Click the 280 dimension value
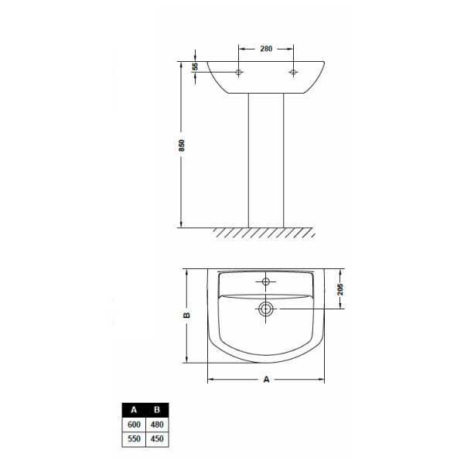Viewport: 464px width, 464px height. tap(266, 49)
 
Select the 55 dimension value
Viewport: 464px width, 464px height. tap(195, 67)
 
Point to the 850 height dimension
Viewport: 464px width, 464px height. tap(182, 145)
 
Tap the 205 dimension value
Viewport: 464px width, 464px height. tap(340, 289)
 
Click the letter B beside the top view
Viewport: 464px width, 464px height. tap(186, 316)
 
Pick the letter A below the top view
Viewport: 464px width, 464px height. tap(266, 380)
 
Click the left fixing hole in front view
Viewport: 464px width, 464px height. tap(238, 72)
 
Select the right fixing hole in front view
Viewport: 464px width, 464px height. tap(293, 72)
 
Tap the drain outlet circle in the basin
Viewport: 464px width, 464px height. tap(265, 309)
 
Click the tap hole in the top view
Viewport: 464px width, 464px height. tap(266, 281)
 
